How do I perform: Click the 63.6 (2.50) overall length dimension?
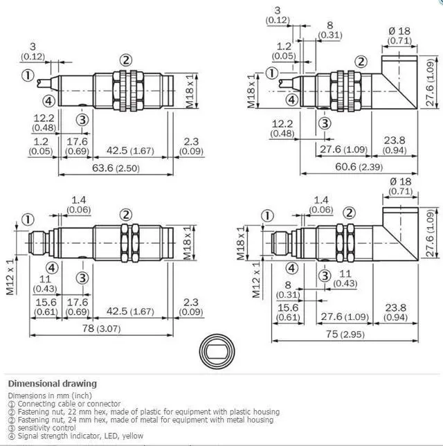click(116, 168)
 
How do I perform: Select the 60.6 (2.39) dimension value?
click(359, 167)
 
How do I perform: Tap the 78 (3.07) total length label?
click(101, 328)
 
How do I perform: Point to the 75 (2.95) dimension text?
click(345, 334)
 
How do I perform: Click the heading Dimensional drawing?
click(53, 384)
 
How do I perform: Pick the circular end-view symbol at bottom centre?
click(217, 352)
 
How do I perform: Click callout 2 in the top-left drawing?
click(126, 60)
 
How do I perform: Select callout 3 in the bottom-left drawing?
click(82, 278)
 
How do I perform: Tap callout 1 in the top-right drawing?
click(272, 73)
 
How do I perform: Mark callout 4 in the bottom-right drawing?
click(291, 268)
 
